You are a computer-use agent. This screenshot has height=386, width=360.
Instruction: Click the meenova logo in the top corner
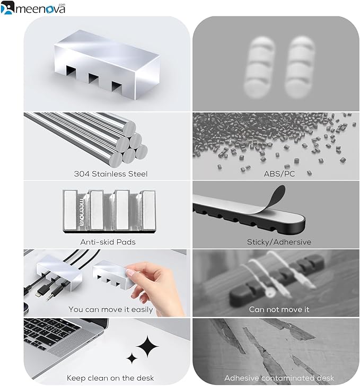(33, 7)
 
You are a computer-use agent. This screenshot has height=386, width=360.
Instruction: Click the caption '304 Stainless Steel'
(111, 174)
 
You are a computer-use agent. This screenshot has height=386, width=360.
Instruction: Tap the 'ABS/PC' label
(279, 174)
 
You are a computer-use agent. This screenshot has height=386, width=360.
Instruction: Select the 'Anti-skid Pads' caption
(108, 242)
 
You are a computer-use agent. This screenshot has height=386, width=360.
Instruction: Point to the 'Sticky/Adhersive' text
(279, 242)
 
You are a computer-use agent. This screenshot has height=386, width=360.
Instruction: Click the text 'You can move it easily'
(111, 309)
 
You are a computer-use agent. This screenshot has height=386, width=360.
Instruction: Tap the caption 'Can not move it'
(279, 309)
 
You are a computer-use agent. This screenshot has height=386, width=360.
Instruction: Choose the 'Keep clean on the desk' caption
(110, 378)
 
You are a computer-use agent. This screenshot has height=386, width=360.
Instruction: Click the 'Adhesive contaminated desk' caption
(279, 378)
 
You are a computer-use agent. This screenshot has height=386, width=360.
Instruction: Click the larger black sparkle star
(147, 346)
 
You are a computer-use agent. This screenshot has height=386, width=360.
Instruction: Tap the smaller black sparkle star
(132, 358)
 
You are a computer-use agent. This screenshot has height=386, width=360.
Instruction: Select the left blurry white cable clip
(259, 67)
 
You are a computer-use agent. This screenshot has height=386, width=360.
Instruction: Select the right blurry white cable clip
(300, 67)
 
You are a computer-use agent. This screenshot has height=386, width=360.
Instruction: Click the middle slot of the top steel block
(93, 78)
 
